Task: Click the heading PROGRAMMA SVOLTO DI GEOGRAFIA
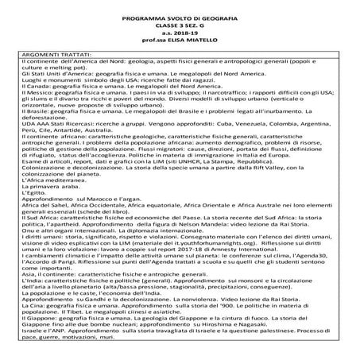pos(179,17)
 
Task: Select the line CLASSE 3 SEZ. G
pos(179,27)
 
